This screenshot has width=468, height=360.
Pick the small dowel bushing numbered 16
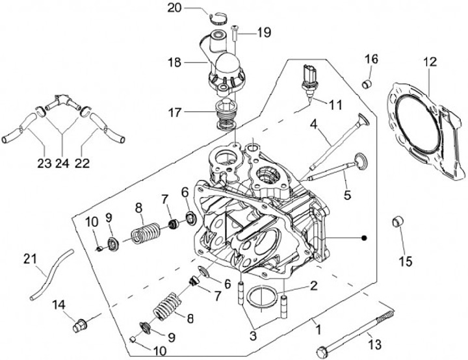coord(367,83)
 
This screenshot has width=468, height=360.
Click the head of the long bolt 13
coord(321,352)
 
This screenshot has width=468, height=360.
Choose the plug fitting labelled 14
coord(79,324)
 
